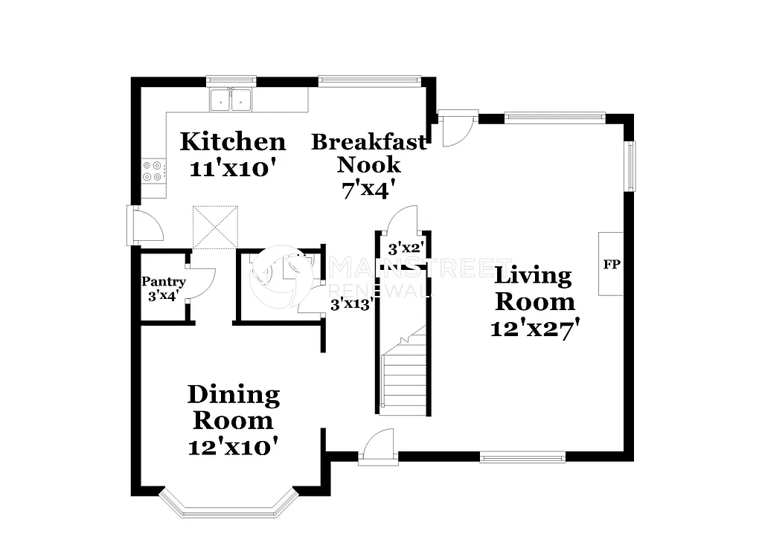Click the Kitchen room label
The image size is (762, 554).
point(233,141)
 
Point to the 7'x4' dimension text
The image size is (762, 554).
point(368,190)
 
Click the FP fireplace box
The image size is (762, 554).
point(612,264)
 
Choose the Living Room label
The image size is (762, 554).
point(534,289)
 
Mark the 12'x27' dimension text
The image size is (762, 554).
point(534,328)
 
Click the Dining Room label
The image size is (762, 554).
point(233,408)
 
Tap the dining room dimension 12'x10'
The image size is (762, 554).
point(233,446)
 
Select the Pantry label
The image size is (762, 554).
point(163,283)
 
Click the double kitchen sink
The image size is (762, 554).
point(231,100)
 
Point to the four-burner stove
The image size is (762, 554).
point(153,172)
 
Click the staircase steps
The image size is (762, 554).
point(403,372)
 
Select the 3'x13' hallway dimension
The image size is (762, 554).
point(351,303)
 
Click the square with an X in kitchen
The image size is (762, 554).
point(215,227)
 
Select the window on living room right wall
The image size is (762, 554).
point(630,165)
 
